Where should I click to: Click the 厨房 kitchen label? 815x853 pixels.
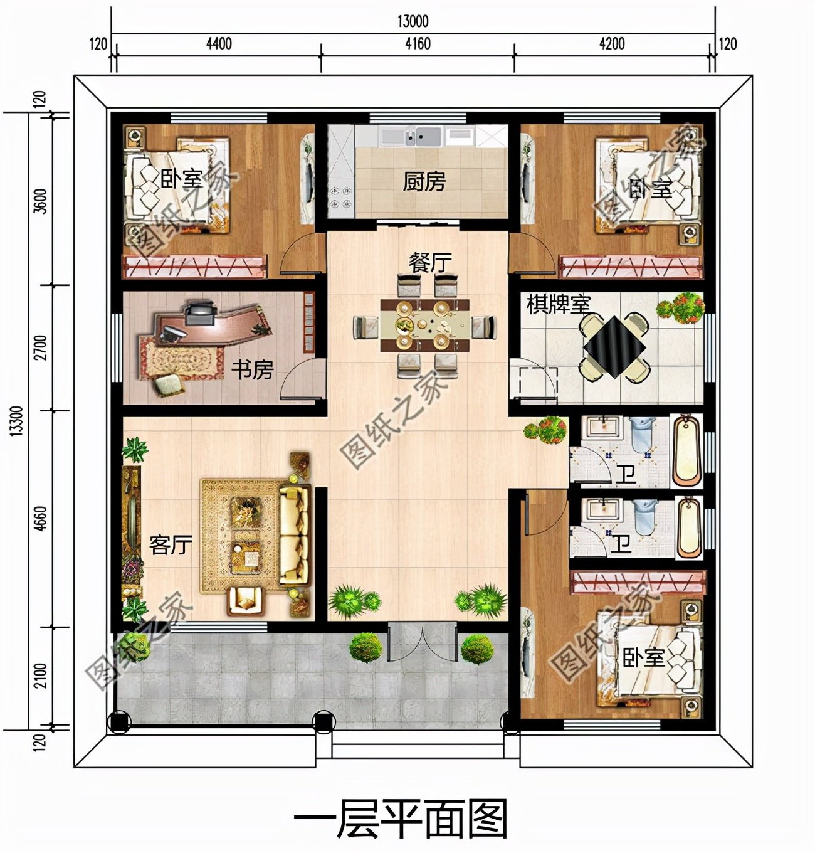(x=424, y=182)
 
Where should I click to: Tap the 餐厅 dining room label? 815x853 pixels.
(x=430, y=262)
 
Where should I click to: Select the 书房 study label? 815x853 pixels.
(x=252, y=369)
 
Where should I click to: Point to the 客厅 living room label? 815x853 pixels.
(x=170, y=544)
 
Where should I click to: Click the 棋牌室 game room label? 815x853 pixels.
(x=558, y=305)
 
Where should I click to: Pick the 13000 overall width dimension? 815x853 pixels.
(x=413, y=21)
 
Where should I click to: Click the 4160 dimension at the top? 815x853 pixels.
(x=418, y=44)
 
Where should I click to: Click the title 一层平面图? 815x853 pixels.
(x=400, y=819)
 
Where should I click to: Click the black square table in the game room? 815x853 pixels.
(x=614, y=347)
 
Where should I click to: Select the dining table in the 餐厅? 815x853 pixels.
(x=424, y=324)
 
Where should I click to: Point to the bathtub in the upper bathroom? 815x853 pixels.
(x=687, y=452)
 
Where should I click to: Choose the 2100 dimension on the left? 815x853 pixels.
(x=40, y=675)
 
